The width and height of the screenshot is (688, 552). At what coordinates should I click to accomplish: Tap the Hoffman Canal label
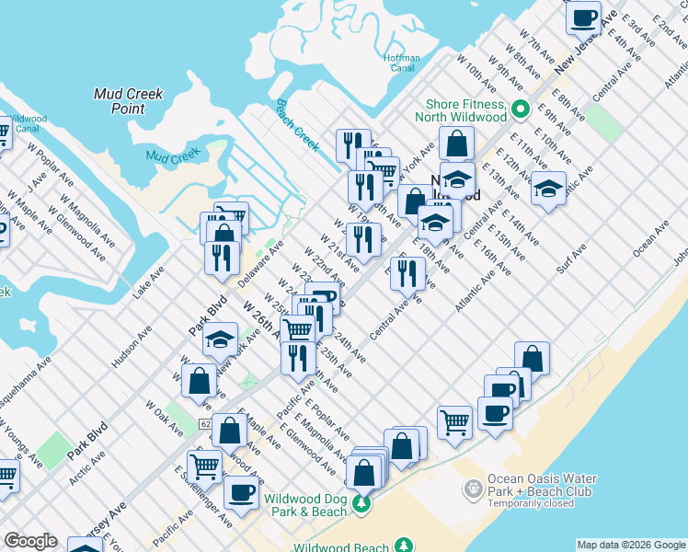point(400,62)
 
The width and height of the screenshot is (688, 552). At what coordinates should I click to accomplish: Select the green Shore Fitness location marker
point(520,109)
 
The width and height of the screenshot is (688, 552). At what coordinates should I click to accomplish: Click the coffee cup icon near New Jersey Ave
point(583,17)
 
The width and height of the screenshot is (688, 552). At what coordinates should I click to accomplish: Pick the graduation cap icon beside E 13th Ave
point(548,189)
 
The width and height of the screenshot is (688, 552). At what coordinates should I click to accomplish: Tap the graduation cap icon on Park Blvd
point(220,340)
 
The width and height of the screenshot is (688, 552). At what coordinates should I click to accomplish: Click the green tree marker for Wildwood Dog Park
point(362,503)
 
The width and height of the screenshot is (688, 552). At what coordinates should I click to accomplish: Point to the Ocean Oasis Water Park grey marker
point(473,488)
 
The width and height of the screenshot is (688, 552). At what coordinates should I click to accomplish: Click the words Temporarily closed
point(539,504)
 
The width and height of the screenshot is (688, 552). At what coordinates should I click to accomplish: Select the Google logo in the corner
point(30,541)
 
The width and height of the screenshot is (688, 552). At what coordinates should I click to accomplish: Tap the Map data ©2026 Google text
point(630,545)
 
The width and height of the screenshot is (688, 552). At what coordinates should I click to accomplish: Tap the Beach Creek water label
point(297,125)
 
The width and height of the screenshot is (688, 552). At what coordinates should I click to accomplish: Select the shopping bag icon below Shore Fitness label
point(456,144)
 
